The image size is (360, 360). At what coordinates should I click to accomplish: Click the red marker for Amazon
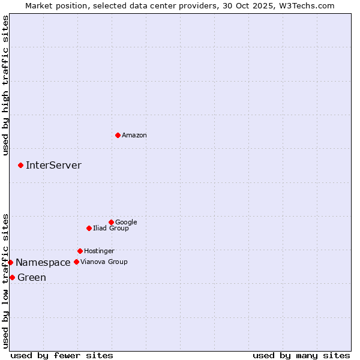point(118,135)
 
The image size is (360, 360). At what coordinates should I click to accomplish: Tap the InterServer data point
point(20,165)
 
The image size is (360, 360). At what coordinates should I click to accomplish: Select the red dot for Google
point(111,222)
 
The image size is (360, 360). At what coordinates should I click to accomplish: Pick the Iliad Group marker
point(89,228)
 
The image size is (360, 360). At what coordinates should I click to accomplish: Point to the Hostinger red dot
point(80,251)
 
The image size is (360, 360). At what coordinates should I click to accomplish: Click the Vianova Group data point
point(76,262)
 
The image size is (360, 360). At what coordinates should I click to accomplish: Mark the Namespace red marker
point(10,262)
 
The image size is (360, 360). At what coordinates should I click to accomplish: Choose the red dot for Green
point(12,277)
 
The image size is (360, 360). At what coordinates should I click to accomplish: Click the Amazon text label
point(134,136)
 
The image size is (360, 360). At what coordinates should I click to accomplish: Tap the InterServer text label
point(53,166)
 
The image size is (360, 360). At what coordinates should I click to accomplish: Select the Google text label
point(126,223)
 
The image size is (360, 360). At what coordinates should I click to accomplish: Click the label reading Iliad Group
point(111,229)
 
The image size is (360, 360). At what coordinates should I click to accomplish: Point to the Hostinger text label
point(99,251)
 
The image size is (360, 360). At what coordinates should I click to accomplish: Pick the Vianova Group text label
point(104,262)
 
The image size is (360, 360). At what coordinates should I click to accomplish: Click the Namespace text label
point(43,263)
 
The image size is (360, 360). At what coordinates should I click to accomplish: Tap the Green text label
point(32,278)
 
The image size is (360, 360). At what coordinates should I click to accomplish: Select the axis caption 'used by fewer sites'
point(62,355)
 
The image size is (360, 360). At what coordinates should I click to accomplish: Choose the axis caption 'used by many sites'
point(301,355)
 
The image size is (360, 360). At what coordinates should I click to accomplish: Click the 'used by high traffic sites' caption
point(5,85)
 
